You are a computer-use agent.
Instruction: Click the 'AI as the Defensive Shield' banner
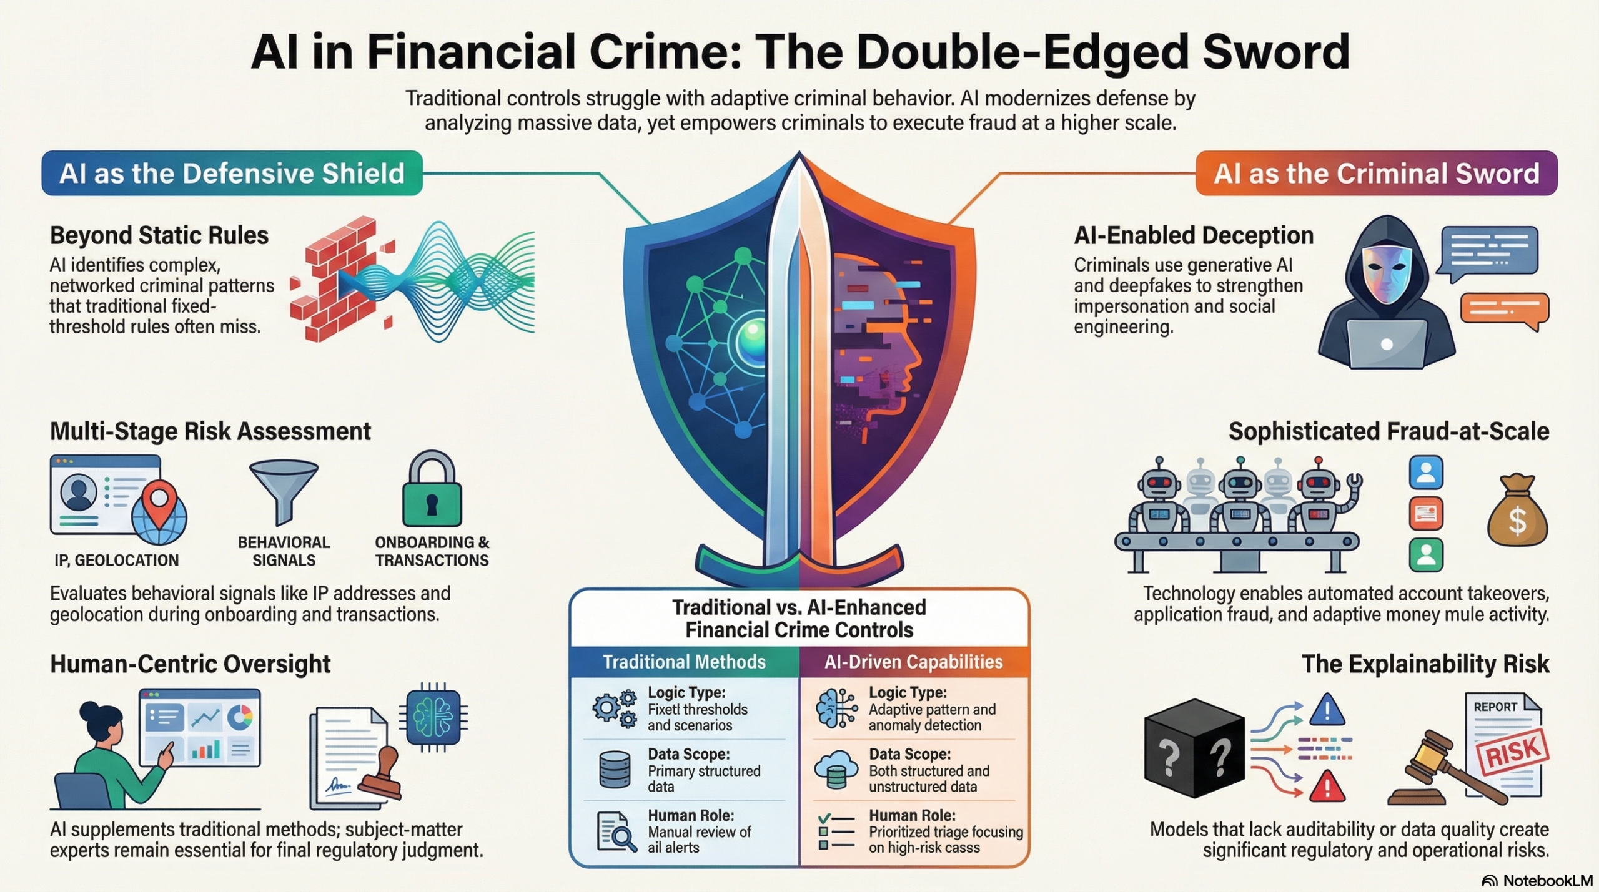click(x=232, y=173)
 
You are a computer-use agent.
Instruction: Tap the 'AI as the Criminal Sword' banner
click(x=1376, y=173)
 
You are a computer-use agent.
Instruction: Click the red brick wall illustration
click(x=340, y=279)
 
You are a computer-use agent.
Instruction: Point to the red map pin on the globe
click(x=159, y=502)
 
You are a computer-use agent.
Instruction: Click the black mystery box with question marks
click(x=1194, y=748)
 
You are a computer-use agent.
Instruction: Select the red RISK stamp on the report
click(x=1512, y=752)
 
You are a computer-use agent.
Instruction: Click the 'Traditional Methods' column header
click(x=684, y=662)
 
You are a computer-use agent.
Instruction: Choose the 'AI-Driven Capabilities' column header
click(x=914, y=662)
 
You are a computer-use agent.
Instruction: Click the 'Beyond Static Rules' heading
click(x=159, y=235)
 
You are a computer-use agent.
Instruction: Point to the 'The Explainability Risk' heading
click(x=1425, y=664)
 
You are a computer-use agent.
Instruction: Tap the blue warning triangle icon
click(x=1327, y=710)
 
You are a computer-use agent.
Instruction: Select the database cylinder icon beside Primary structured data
click(x=615, y=769)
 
